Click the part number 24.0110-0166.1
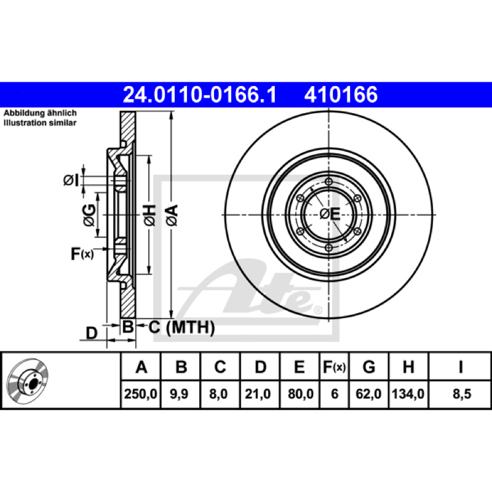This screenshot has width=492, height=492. (x=200, y=95)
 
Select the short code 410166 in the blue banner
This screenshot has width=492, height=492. (x=341, y=95)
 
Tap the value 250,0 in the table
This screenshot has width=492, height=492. (x=141, y=394)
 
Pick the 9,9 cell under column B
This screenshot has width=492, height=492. (x=179, y=394)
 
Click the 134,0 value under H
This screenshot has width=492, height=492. (x=408, y=394)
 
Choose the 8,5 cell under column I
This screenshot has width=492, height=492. (x=462, y=394)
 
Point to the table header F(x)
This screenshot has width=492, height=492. (x=335, y=367)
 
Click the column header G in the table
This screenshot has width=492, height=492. (x=368, y=367)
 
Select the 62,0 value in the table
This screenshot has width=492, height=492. (x=368, y=394)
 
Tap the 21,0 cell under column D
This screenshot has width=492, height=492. (x=258, y=394)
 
